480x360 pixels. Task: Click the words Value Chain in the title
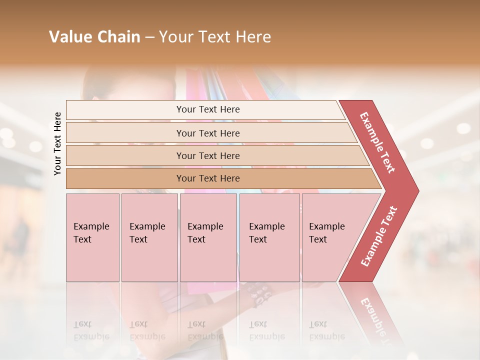tap(94, 37)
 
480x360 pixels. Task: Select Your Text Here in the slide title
tap(215, 37)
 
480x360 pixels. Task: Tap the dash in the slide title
tap(149, 37)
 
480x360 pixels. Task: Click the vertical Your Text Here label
tap(57, 144)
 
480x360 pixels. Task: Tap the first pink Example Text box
tap(92, 237)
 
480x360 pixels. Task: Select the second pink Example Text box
tap(149, 237)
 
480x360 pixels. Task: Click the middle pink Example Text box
tap(208, 237)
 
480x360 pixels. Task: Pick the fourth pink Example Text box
tap(269, 237)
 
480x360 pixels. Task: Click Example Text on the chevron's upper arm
tap(377, 142)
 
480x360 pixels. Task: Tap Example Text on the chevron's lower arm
tap(379, 236)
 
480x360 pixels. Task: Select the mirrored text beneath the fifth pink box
tap(326, 330)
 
